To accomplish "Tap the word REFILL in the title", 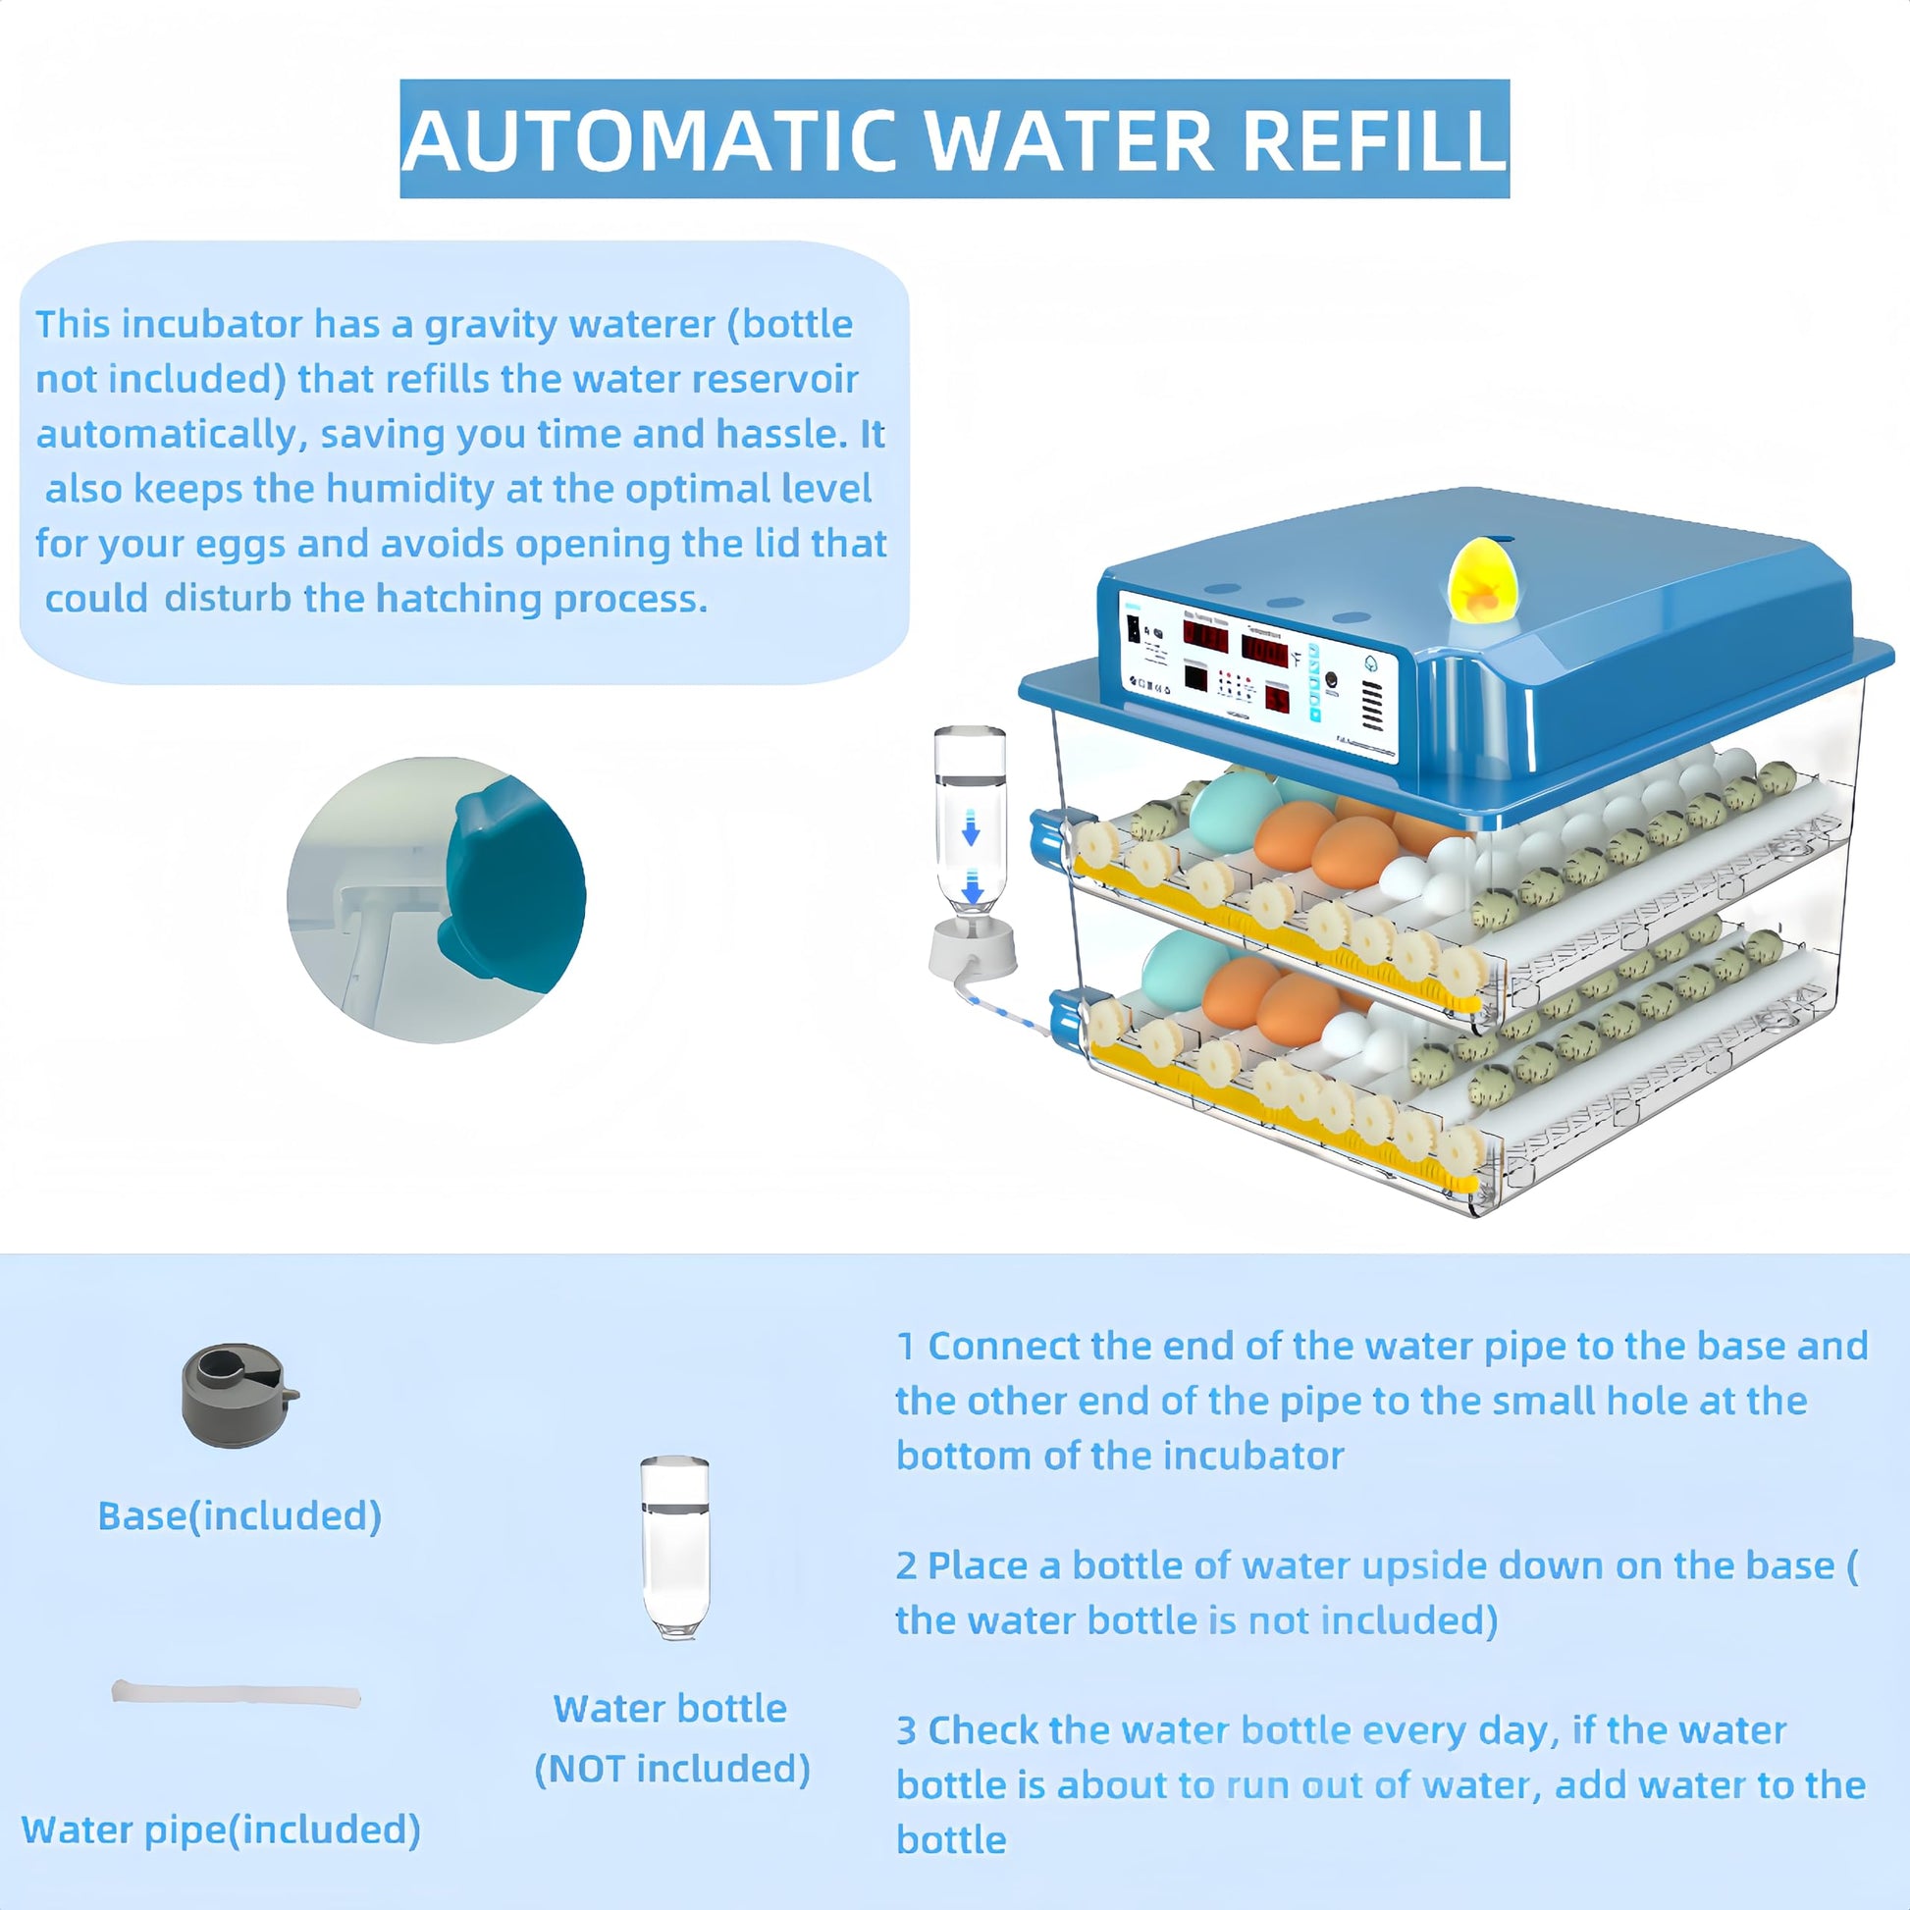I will (x=1373, y=139).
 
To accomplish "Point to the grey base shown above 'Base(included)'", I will (x=238, y=1394).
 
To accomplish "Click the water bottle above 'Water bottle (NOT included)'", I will (x=674, y=1547).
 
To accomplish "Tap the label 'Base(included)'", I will (x=239, y=1515).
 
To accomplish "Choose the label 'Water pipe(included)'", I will (x=221, y=1829).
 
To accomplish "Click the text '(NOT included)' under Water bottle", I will (x=672, y=1769).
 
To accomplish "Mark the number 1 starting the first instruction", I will (x=906, y=1347).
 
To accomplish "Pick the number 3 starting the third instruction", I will (x=907, y=1731).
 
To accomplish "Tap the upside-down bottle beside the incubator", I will (x=970, y=821).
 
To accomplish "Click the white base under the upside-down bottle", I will (x=973, y=950).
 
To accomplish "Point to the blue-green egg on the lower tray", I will (x=1186, y=968).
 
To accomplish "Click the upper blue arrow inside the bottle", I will (x=971, y=827).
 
